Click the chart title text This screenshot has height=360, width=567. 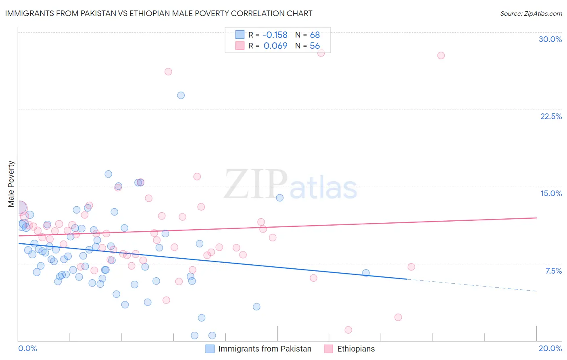[x=158, y=13]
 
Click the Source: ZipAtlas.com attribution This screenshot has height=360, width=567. [x=531, y=13]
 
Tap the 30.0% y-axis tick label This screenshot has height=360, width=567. [x=550, y=39]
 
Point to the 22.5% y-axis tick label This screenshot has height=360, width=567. [x=551, y=116]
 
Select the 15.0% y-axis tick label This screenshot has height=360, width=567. [x=551, y=193]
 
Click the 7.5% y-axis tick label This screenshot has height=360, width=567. [x=553, y=271]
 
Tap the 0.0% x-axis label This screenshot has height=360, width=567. [x=27, y=348]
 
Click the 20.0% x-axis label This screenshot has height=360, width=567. [x=550, y=348]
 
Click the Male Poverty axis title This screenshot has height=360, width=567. [x=11, y=184]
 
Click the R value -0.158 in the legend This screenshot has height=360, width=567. [x=275, y=35]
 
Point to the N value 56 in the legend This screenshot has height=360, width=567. [x=315, y=46]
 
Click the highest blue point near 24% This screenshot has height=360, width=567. [x=181, y=95]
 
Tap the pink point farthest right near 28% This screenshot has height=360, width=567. [x=441, y=55]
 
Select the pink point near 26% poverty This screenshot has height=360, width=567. [x=168, y=71]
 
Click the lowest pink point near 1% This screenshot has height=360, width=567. [x=348, y=330]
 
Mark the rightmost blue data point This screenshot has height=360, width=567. [x=366, y=273]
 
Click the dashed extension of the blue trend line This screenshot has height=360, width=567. [x=472, y=285]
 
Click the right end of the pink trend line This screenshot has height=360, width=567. [x=536, y=218]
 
